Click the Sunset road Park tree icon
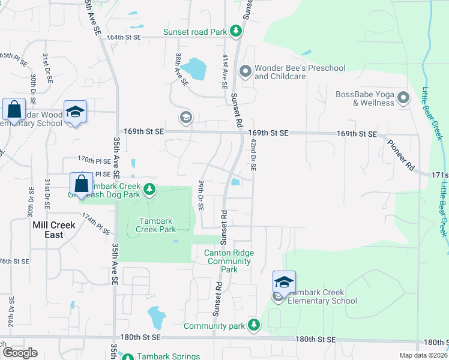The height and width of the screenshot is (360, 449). (x=237, y=29)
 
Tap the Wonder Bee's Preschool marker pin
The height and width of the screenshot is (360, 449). (x=245, y=72)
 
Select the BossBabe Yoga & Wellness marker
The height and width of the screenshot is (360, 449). (x=403, y=98)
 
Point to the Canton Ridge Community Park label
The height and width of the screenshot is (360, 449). (x=229, y=261)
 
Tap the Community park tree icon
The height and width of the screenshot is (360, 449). (x=254, y=325)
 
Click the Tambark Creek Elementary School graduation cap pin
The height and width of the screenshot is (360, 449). (x=284, y=283)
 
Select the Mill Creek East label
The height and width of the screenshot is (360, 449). (x=54, y=230)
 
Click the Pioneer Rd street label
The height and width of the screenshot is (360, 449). (x=401, y=155)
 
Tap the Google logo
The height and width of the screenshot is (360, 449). (x=19, y=353)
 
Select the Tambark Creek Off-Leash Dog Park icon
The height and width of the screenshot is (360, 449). (x=149, y=190)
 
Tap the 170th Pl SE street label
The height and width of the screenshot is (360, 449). (x=95, y=160)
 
